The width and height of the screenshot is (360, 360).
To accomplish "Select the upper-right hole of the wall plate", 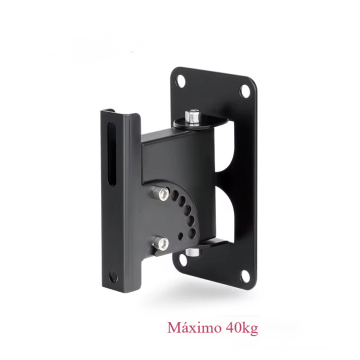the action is pos(244,91).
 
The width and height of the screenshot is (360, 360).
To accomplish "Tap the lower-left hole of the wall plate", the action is pos(182,260).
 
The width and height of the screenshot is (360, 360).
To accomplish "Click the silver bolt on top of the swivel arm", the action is pos(193,117).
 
